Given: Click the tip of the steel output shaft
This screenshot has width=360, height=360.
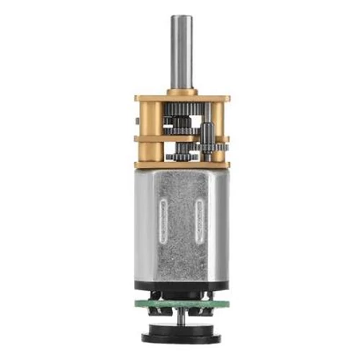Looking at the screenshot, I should pyautogui.click(x=180, y=17).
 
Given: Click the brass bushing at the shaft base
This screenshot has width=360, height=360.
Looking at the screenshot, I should pyautogui.click(x=180, y=91).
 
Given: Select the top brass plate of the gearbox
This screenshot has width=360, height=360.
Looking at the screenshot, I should pyautogui.click(x=181, y=98).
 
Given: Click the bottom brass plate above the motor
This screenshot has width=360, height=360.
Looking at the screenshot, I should pyautogui.click(x=181, y=165).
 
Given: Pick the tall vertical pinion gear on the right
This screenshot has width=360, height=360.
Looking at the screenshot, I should pyautogui.click(x=207, y=136).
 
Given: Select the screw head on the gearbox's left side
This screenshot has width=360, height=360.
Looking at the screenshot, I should pyautogui.click(x=137, y=115).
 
